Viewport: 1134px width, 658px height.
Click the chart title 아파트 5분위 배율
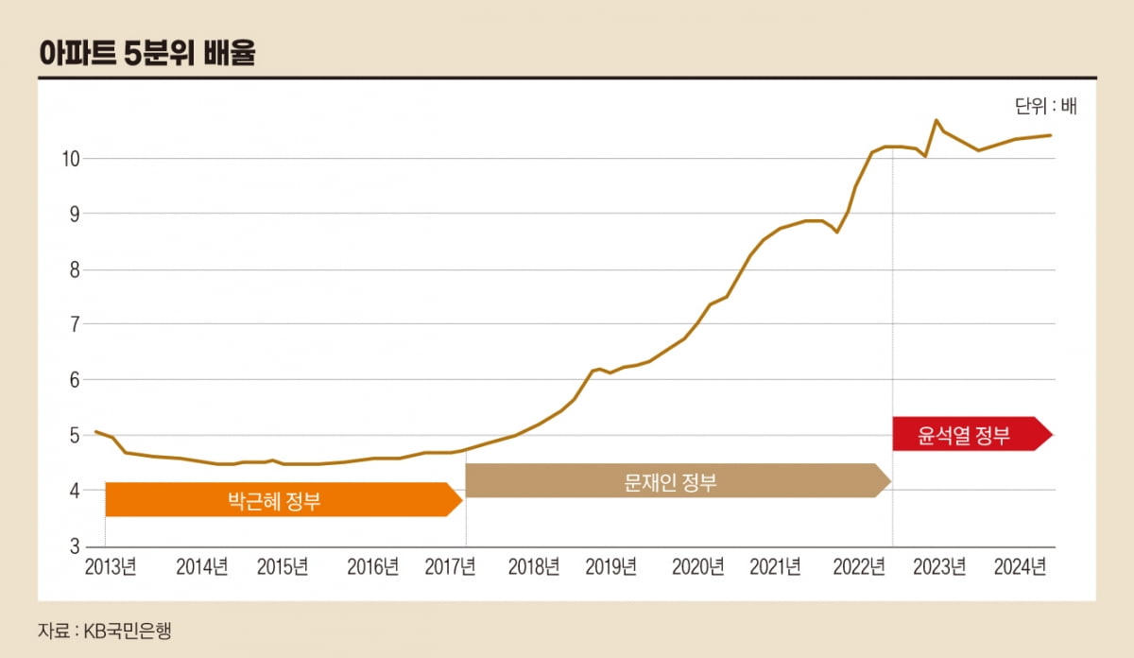(x=147, y=52)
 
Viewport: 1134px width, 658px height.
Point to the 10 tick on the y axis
(x=72, y=159)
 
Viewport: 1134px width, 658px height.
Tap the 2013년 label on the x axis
(x=111, y=567)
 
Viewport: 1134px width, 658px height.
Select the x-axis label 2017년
(x=450, y=567)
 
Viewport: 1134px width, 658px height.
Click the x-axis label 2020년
(x=697, y=567)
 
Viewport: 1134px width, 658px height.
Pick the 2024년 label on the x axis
(x=1019, y=567)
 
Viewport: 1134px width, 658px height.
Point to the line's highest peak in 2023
(x=936, y=120)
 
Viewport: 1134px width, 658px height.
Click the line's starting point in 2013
(x=96, y=431)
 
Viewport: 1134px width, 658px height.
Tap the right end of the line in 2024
(x=1051, y=135)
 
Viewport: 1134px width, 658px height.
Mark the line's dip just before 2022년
(x=837, y=232)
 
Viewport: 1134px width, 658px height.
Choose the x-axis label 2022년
(x=858, y=567)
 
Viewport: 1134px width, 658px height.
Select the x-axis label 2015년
(x=283, y=567)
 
